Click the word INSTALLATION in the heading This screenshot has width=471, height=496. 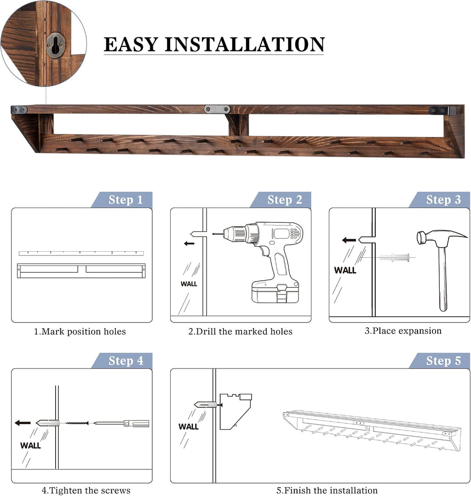245,44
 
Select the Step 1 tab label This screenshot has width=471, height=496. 126,200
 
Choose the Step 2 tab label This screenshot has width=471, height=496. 285,200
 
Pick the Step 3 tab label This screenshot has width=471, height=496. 443,200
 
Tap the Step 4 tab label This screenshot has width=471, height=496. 126,361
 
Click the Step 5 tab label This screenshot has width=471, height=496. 443,361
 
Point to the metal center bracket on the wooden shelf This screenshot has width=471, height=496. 217,110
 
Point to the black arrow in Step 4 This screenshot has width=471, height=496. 23,423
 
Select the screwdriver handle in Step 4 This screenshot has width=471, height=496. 136,423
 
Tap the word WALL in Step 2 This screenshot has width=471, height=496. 189,284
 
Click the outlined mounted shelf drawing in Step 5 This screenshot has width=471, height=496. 372,431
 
